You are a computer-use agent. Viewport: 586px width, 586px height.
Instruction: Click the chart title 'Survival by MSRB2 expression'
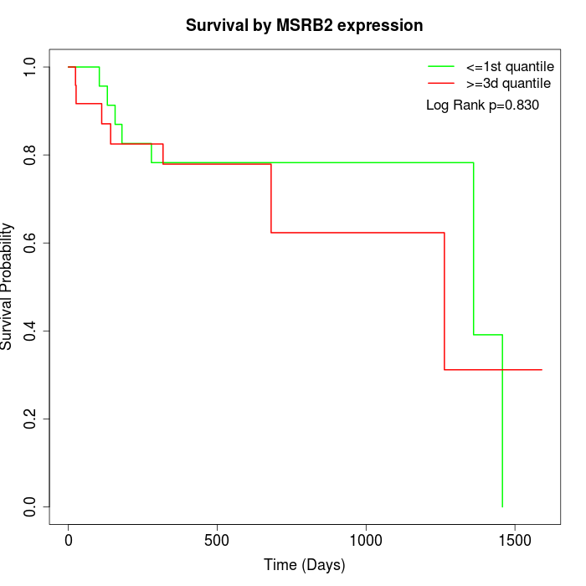(x=304, y=25)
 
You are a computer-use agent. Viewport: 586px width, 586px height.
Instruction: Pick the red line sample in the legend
(x=441, y=83)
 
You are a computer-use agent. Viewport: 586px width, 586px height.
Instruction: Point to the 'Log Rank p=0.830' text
(x=482, y=105)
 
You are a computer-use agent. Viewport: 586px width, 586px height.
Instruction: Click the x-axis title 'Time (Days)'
(x=304, y=565)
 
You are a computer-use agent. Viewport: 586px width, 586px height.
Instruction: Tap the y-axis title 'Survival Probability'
(x=8, y=286)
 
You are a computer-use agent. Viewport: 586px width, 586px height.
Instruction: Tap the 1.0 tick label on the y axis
(x=31, y=66)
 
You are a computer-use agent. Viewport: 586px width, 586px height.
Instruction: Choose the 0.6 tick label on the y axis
(x=31, y=243)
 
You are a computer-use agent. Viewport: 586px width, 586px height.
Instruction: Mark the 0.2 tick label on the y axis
(x=31, y=419)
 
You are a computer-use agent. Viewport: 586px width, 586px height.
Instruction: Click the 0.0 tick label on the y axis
(x=31, y=506)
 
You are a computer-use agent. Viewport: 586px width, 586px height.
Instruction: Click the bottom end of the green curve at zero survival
(x=502, y=506)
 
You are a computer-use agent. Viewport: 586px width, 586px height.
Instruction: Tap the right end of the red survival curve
(x=542, y=369)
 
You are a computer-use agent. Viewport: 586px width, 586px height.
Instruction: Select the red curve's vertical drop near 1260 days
(x=445, y=301)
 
